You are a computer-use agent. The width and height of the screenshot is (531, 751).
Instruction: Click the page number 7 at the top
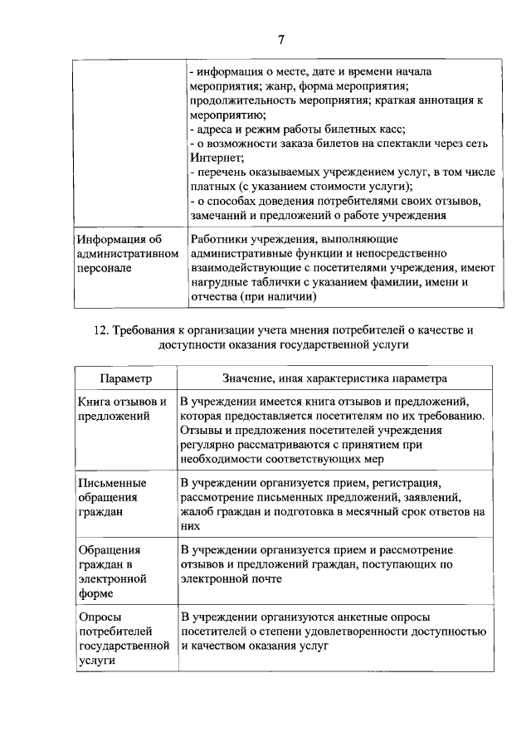(280, 39)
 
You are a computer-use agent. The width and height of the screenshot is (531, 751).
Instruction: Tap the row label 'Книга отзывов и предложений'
(123, 408)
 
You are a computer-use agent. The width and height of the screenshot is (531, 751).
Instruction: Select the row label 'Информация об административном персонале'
(124, 256)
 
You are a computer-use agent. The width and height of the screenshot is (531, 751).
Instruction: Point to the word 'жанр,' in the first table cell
(285, 86)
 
